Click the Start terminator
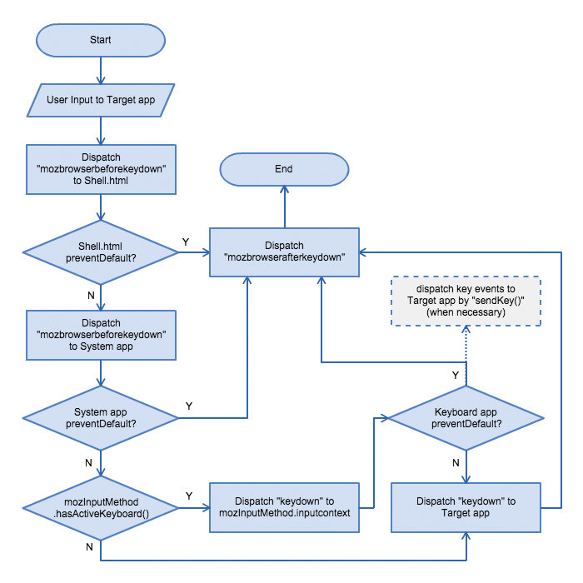(x=101, y=40)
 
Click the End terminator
(x=284, y=169)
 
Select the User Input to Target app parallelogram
(x=101, y=100)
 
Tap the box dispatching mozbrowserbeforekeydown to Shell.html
(x=101, y=169)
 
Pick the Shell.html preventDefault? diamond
(x=101, y=252)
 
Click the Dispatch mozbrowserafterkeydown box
(x=284, y=252)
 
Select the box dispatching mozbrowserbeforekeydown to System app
(x=101, y=335)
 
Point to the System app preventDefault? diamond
(x=101, y=418)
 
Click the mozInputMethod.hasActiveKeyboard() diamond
(x=101, y=508)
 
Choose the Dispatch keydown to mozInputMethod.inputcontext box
(x=284, y=507)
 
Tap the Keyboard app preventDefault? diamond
(x=466, y=418)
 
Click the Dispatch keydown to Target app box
(x=466, y=507)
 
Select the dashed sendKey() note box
(x=466, y=301)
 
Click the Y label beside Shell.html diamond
(x=186, y=242)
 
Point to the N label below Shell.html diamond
(x=91, y=295)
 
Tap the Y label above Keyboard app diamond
(x=456, y=375)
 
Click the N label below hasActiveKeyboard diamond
(x=89, y=547)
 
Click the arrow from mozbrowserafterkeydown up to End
(x=285, y=207)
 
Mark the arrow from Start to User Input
(x=101, y=70)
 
